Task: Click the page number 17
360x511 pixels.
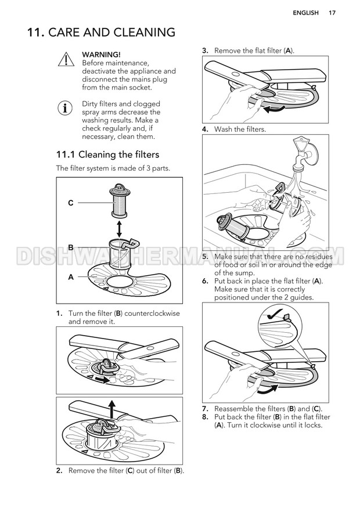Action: click(332, 13)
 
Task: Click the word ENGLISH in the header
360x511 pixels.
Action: click(305, 13)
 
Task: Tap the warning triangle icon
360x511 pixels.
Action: click(66, 59)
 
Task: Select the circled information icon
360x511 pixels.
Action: click(65, 108)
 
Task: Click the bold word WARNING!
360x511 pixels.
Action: click(101, 55)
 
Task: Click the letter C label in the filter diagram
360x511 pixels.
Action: click(71, 203)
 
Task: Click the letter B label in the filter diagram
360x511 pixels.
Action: click(71, 247)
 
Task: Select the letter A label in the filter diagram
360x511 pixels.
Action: click(71, 278)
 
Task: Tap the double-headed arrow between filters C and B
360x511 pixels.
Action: click(119, 229)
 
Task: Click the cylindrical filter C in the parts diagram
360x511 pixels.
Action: click(119, 200)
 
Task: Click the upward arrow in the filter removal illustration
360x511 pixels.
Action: click(111, 409)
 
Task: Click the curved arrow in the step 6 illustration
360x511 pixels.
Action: click(268, 390)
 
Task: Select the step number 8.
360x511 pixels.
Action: click(205, 417)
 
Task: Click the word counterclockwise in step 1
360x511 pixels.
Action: click(152, 314)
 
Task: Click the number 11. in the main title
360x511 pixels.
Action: click(36, 33)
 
